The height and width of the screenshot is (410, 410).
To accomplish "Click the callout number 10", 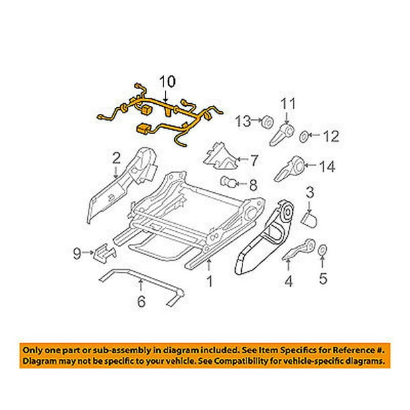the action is click(167, 82).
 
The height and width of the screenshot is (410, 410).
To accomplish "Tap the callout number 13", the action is click(243, 121).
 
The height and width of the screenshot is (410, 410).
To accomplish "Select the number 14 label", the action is click(326, 166).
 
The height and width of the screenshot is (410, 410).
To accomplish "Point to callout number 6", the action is click(141, 301).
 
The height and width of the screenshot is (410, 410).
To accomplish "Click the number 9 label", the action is click(77, 253).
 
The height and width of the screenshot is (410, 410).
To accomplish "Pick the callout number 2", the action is click(116, 159).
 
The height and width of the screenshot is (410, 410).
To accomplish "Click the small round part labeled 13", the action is click(268, 122).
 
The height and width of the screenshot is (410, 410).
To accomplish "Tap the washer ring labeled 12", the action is click(304, 137).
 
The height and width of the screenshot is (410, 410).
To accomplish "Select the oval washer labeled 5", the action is click(322, 251).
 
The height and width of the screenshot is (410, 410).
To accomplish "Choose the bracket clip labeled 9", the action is click(105, 252).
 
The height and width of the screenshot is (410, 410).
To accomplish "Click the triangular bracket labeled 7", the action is click(220, 157).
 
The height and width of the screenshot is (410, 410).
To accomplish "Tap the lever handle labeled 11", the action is click(283, 134).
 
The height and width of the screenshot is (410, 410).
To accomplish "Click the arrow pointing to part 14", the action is click(311, 165).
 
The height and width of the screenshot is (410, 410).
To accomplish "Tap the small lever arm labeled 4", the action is click(299, 249).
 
